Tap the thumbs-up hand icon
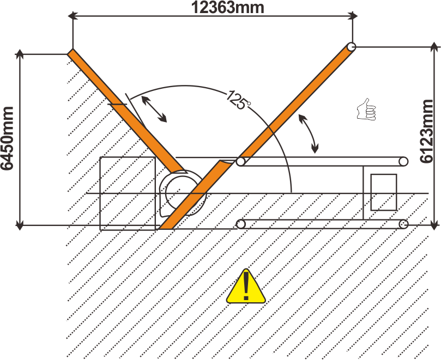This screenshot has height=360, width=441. pos(366,110)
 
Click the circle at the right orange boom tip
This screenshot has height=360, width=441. pos(352,47)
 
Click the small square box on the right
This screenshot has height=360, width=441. pos(383,192)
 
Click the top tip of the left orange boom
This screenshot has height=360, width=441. pos(71,53)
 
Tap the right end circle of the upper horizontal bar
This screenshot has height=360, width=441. pos(403,161)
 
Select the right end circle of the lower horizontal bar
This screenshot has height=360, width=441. pos(403,224)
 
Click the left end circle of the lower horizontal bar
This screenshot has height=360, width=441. pos(241,224)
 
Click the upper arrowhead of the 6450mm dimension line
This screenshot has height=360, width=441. pos(20,54)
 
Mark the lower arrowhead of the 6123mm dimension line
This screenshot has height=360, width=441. pos(435,224)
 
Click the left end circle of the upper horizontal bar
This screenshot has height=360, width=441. pos(241,161)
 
